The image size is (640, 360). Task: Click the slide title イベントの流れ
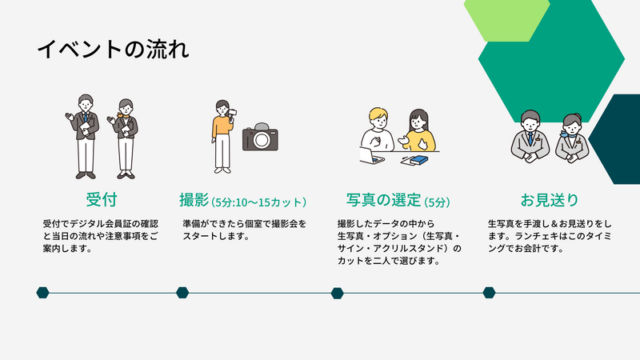[113, 49]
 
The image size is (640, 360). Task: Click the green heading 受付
[102, 200]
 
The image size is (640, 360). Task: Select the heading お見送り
[550, 200]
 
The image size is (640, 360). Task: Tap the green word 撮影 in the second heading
[194, 200]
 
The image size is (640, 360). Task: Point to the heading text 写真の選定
[384, 200]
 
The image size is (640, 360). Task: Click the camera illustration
[260, 137]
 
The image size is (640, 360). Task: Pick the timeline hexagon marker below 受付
[43, 293]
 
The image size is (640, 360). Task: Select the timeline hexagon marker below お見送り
[489, 293]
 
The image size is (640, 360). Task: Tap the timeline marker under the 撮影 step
[182, 293]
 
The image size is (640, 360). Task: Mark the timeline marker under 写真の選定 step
[337, 293]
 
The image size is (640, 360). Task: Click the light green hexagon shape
[507, 19]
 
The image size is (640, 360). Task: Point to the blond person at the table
[377, 130]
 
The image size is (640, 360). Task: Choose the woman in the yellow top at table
[417, 130]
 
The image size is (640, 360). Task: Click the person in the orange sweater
[223, 137]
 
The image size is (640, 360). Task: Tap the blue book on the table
[418, 160]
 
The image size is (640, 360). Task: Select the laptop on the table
[370, 157]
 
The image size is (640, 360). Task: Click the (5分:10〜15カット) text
[258, 202]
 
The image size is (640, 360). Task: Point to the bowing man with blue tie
[530, 137]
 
